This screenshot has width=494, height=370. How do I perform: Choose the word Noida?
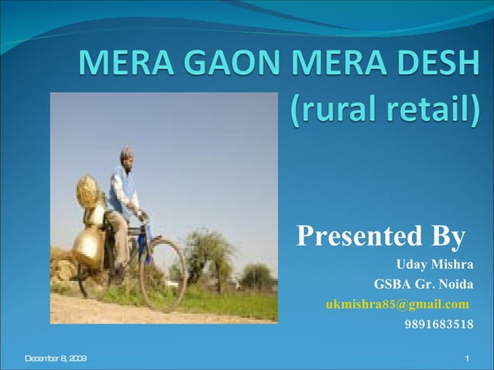[x=456, y=284]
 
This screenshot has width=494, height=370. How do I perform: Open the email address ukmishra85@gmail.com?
[x=397, y=303]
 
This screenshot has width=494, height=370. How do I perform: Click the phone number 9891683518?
[x=439, y=324]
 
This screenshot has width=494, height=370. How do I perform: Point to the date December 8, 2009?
[x=56, y=358]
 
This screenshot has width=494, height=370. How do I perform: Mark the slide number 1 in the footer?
[x=468, y=358]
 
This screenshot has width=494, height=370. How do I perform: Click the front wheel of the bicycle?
[x=163, y=275]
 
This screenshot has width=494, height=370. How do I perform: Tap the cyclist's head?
[x=126, y=156]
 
